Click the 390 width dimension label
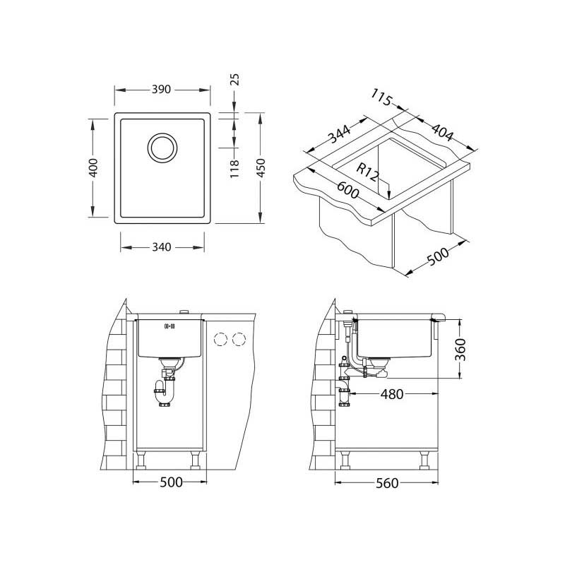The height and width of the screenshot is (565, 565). (x=162, y=90)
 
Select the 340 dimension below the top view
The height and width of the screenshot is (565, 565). (x=162, y=247)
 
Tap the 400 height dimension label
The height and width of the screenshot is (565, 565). (x=93, y=168)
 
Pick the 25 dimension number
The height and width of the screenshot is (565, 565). (x=235, y=79)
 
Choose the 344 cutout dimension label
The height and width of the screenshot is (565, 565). (x=341, y=134)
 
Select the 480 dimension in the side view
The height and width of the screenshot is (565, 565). (x=391, y=394)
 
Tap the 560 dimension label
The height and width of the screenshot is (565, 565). (x=386, y=483)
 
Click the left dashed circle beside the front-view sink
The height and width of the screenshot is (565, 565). (x=221, y=340)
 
